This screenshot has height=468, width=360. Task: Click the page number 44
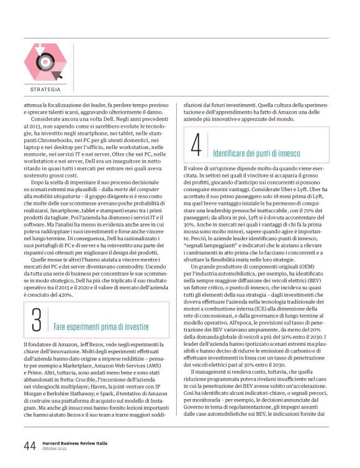(30, 445)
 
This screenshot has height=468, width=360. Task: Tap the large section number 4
(196, 147)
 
